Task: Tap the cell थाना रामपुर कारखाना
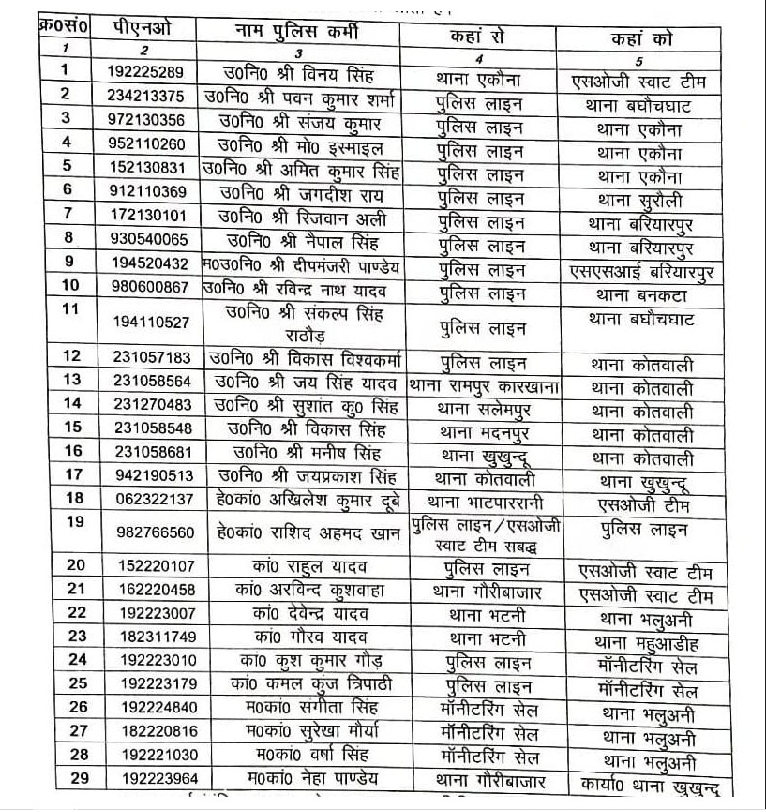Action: point(479,386)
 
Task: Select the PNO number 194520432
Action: point(155,264)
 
